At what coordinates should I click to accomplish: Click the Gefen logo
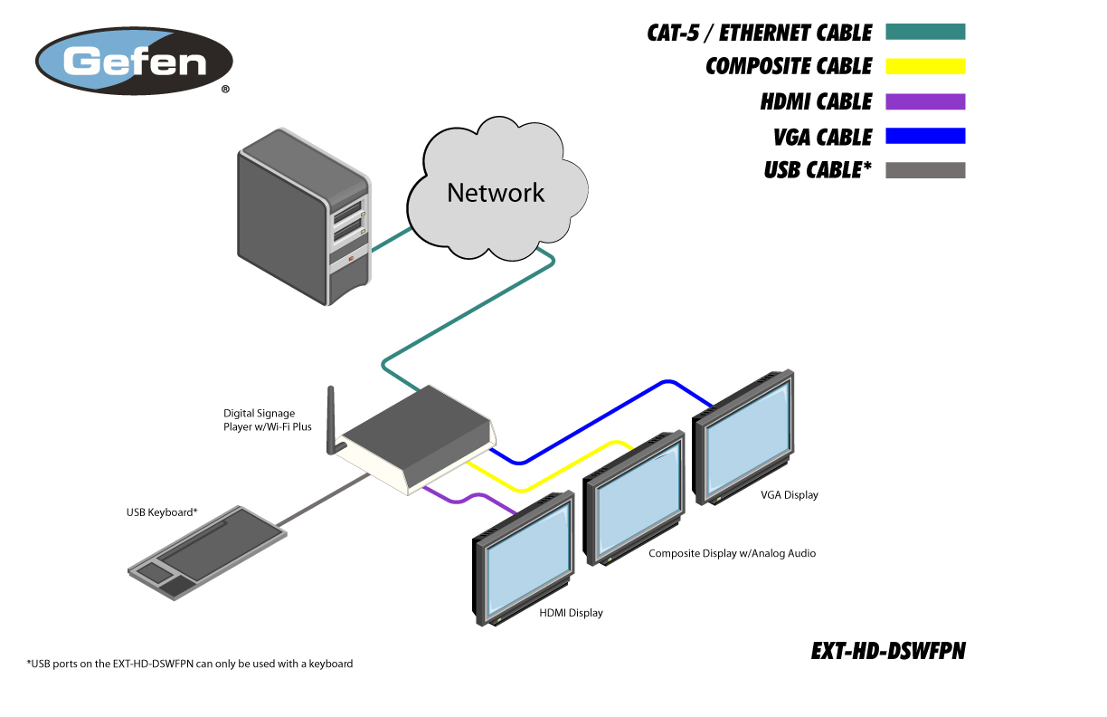coord(134,62)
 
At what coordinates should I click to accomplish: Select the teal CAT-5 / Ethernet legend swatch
coord(925,32)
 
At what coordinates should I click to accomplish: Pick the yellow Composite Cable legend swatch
coord(925,66)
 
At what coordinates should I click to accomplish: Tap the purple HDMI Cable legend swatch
coord(925,101)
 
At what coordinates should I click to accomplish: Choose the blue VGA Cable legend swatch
coord(925,136)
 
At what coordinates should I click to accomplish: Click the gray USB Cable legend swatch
coord(925,170)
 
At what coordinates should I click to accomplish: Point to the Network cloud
coord(495,192)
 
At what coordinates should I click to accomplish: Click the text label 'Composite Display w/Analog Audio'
coord(732,553)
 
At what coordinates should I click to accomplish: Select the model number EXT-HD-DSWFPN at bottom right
coord(888,651)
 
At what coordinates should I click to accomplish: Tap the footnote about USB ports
coord(190,664)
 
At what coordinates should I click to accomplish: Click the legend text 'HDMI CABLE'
coord(816,101)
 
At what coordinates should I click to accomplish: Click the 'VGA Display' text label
coord(789,495)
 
